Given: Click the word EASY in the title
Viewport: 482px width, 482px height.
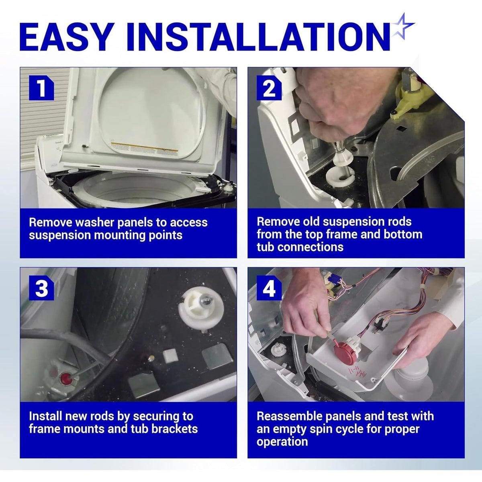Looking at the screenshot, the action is pos(65,37).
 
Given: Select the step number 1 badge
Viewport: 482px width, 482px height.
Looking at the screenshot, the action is pos(41,88).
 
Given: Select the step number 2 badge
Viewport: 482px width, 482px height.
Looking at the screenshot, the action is pos(269,88).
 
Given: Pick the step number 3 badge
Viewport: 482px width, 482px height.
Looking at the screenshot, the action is pos(41,288).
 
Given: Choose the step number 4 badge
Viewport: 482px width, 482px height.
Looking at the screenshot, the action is pos(269,288).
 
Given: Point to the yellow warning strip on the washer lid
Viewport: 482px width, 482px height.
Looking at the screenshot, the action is pos(145,147).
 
